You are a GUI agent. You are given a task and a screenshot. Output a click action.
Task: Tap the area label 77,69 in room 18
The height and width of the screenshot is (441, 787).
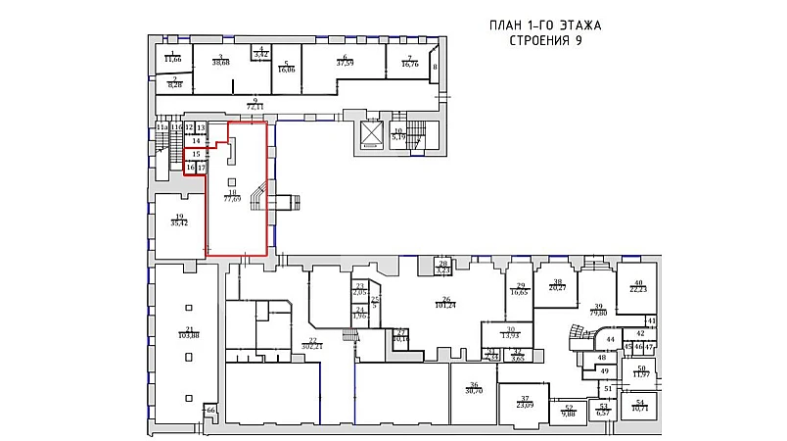point(232,199)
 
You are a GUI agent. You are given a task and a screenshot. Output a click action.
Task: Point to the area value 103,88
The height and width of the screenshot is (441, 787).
point(189,335)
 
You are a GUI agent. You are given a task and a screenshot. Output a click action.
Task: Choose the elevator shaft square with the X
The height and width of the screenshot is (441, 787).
point(371,134)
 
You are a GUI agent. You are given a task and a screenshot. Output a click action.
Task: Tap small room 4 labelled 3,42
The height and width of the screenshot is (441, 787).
point(260,53)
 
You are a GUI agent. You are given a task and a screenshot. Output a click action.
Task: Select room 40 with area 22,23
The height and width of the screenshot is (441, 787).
point(638,285)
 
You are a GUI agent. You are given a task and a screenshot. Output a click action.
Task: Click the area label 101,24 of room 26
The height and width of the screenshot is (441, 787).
point(445,304)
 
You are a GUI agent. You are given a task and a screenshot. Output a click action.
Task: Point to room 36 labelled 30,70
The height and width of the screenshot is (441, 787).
point(474,387)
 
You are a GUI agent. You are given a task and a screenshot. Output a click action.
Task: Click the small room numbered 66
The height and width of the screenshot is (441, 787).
point(209,410)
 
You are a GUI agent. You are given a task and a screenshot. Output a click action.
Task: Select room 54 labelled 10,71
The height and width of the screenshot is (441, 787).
point(640,404)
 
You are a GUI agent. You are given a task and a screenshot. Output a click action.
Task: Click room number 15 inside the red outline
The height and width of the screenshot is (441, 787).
point(196,154)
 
